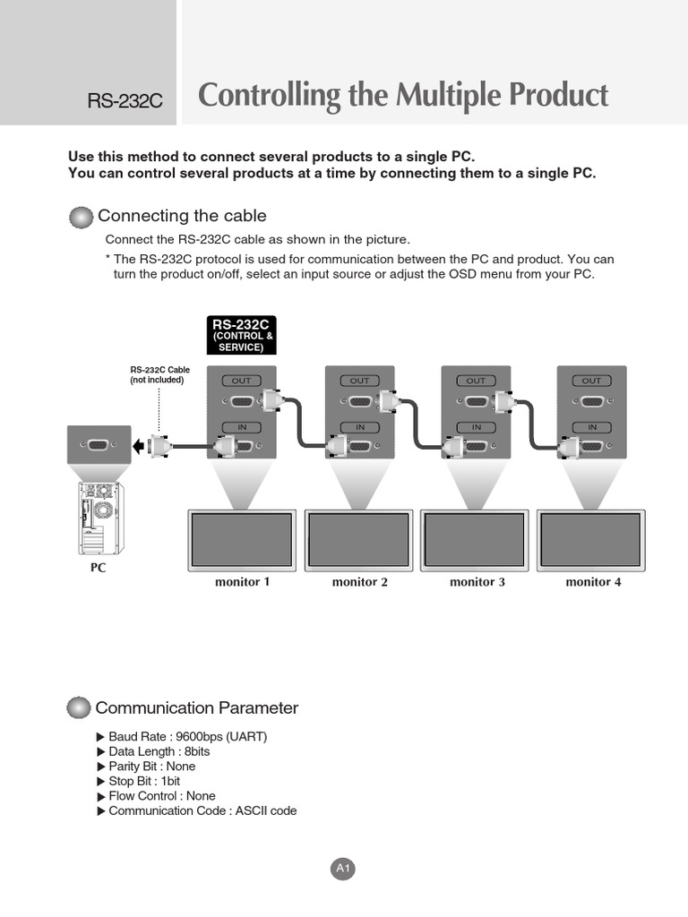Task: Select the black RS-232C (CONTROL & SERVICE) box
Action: point(241,335)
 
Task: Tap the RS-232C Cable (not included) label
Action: point(160,374)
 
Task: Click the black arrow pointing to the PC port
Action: point(137,445)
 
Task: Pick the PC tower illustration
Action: point(99,518)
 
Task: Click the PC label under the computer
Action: point(98,568)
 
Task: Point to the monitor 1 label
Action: point(242,582)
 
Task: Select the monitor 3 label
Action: point(477,582)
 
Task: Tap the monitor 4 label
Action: point(593,582)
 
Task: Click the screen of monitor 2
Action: point(358,539)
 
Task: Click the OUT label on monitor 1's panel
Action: point(241,381)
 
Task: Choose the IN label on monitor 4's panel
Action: point(591,427)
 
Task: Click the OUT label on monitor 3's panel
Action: point(476,381)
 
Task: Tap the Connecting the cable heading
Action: point(182,216)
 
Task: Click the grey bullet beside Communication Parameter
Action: point(80,708)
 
